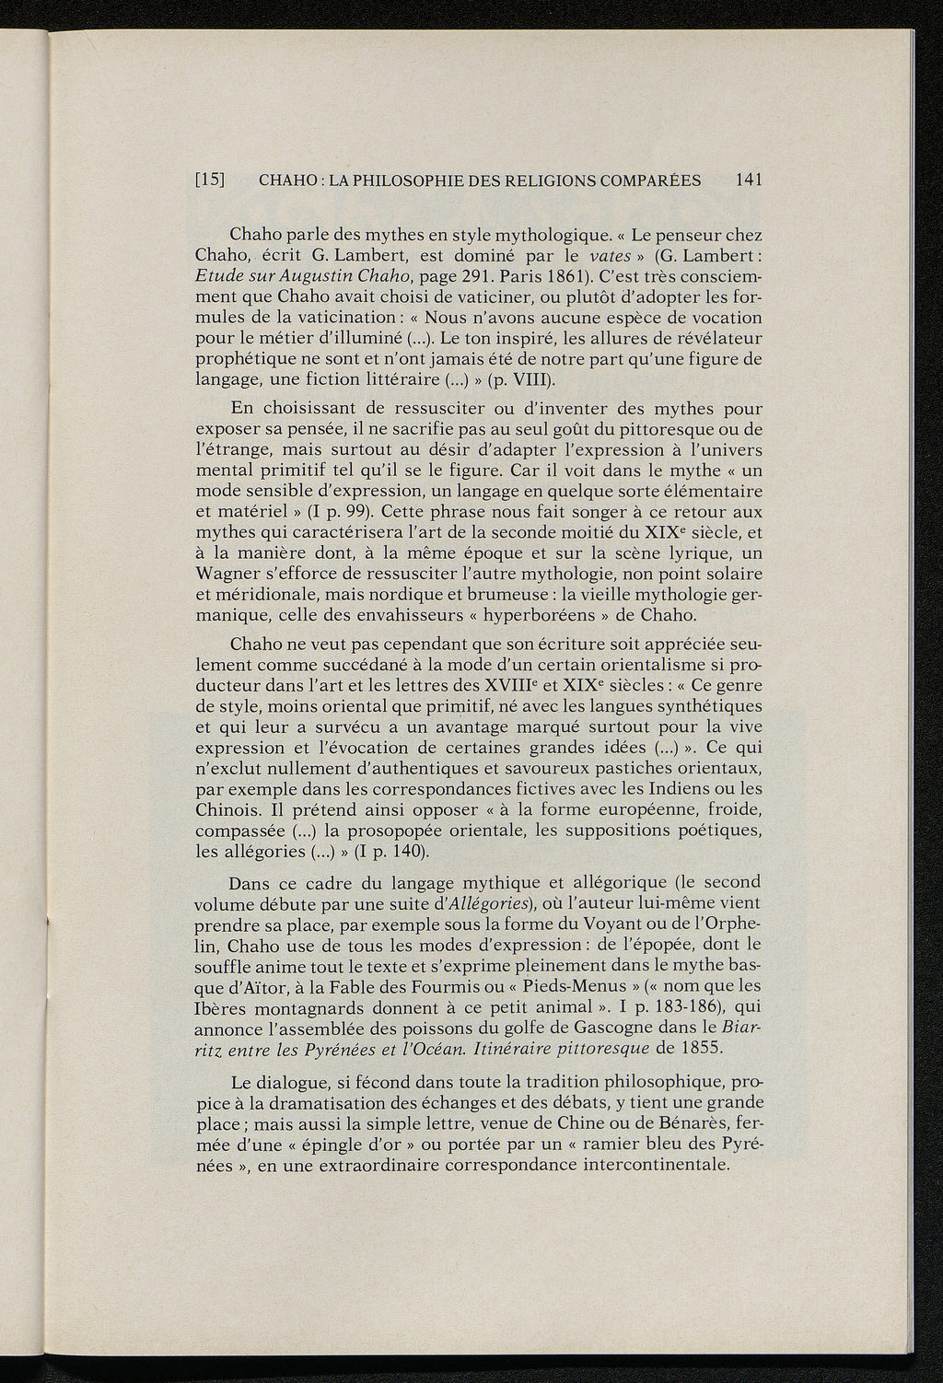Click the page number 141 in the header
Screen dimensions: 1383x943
pyautogui.click(x=750, y=180)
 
